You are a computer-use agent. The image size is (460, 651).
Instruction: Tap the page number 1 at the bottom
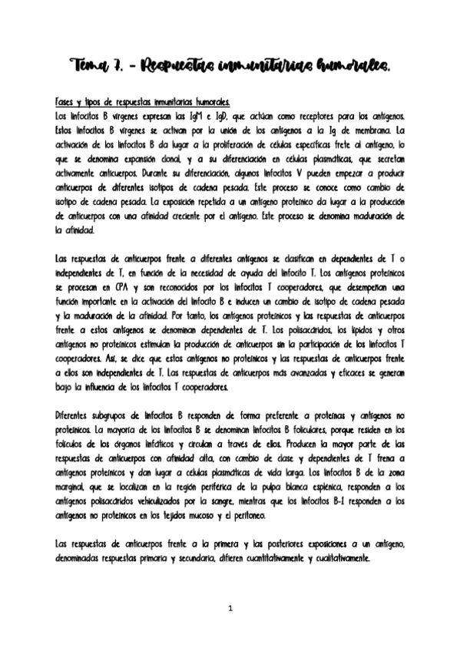pos(230,609)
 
